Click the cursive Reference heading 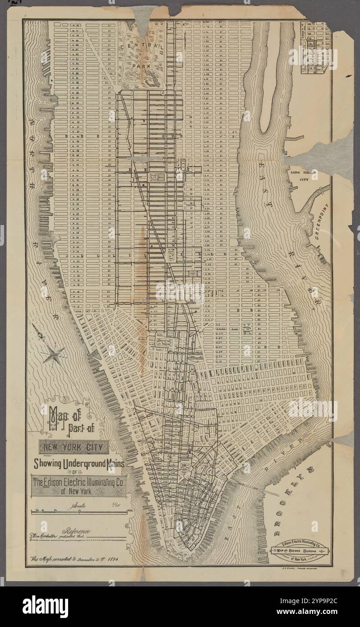[78, 532]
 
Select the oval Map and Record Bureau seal [300, 551]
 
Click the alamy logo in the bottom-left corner [45, 606]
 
